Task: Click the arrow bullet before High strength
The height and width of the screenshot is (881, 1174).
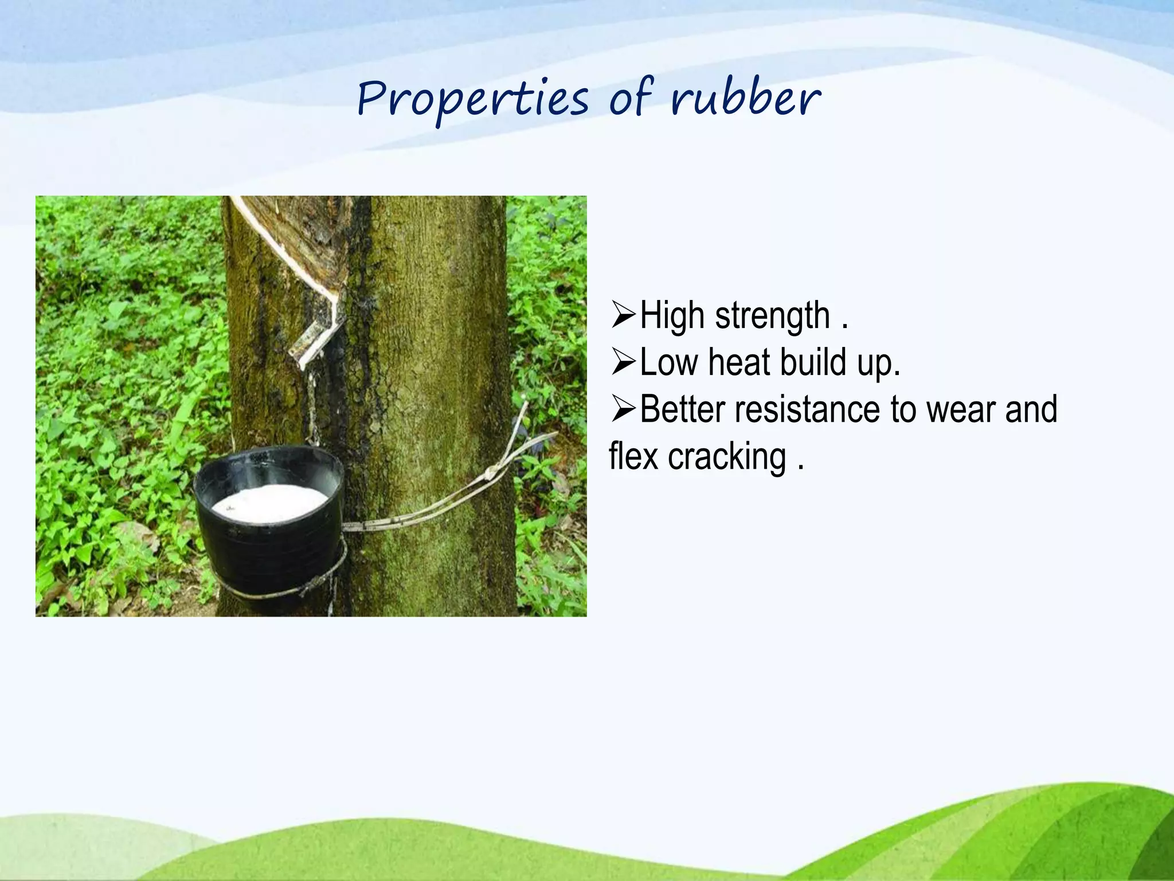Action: [x=624, y=315]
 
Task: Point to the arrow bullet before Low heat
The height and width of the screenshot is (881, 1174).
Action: [x=624, y=363]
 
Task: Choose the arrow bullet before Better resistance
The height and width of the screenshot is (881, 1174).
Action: [x=624, y=410]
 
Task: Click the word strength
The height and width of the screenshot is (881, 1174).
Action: [x=773, y=316]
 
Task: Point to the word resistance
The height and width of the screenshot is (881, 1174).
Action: [x=808, y=410]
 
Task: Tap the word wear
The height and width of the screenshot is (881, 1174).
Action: [x=961, y=410]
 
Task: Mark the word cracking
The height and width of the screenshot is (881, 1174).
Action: [x=727, y=457]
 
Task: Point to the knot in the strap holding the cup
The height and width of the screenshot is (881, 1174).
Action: [x=491, y=474]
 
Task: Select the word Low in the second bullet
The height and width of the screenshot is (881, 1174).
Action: [x=669, y=362]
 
